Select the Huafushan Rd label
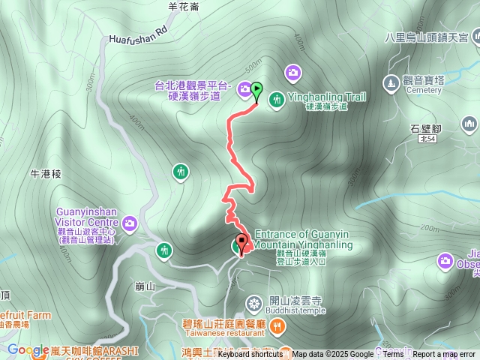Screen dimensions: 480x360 (x=137, y=35)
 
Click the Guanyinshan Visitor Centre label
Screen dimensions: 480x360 (x=86, y=217)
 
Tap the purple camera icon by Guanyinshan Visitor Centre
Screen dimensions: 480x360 (x=130, y=222)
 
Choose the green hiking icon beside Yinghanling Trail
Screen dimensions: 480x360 (x=276, y=98)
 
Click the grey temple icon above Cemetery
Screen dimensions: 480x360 (x=391, y=81)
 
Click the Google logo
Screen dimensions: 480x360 (x=28, y=350)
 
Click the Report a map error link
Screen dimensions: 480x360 (x=444, y=354)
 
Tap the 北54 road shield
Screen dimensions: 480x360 (x=427, y=139)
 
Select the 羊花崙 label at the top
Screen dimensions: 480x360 (x=183, y=7)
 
